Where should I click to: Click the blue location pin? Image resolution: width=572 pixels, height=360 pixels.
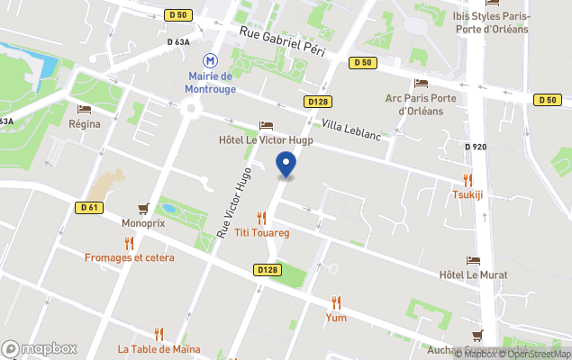286,165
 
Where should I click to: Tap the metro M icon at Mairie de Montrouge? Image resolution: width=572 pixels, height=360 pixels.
211,60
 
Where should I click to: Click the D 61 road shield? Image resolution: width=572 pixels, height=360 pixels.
86,208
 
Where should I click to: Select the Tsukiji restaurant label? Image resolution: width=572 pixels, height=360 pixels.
468,193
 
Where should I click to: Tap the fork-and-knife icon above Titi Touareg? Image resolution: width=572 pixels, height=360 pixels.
261,217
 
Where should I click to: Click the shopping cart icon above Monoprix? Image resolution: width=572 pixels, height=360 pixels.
142,208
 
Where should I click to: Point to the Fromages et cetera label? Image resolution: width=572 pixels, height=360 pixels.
130,257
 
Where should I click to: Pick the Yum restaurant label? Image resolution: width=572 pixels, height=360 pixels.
336,317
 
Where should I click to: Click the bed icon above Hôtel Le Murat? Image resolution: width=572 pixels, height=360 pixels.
473,260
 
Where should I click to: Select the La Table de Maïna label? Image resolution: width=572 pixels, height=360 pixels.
159,349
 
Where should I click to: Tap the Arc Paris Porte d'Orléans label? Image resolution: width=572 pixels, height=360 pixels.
422,104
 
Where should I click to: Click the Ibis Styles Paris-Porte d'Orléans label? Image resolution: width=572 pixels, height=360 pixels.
492,22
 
